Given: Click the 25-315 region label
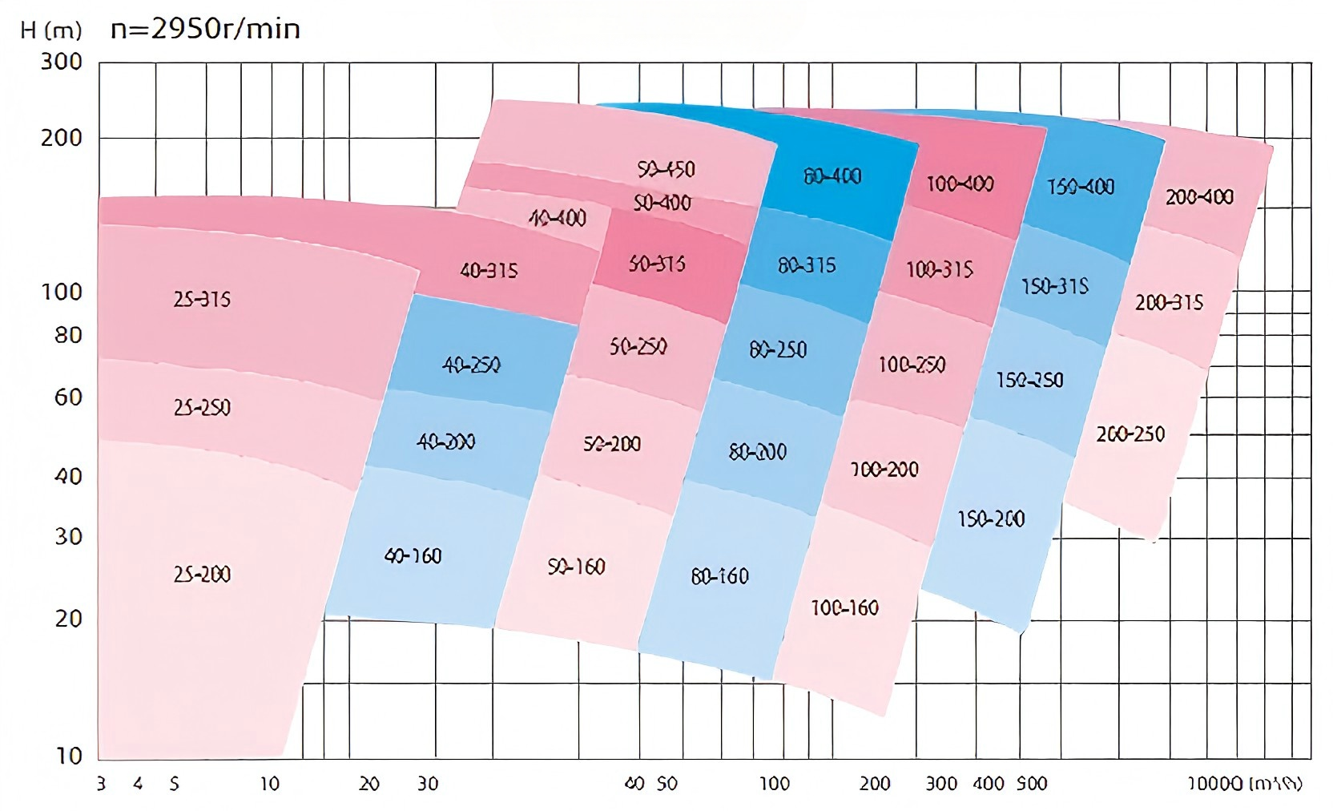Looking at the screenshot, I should coord(202,299).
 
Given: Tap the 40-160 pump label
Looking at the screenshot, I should coord(413,555).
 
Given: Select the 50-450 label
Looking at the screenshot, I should coord(666,169).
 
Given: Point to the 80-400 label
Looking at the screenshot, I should coord(832,176).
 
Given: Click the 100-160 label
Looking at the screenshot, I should coord(844,607).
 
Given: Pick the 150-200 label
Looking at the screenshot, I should coord(991,518).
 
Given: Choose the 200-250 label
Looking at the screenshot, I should coord(1130,434).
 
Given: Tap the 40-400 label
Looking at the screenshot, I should coord(558,217).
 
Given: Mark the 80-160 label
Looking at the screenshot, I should coord(719,575).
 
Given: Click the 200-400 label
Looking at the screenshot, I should coord(1199,196).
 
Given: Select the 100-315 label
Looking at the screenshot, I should coord(939,269).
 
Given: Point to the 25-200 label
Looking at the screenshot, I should coord(202,574).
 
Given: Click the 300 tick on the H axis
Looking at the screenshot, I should coord(62,62).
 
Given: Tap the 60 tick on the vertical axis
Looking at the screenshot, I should coord(68,397).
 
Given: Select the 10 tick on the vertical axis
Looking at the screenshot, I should coord(68,755).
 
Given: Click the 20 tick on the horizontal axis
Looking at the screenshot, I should coord(368,784).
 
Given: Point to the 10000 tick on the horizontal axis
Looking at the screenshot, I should coord(1214,784).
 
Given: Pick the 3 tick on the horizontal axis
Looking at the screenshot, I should coord(101,784).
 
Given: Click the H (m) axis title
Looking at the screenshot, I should coord(51,30).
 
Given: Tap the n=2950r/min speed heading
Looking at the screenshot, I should coord(205,29).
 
